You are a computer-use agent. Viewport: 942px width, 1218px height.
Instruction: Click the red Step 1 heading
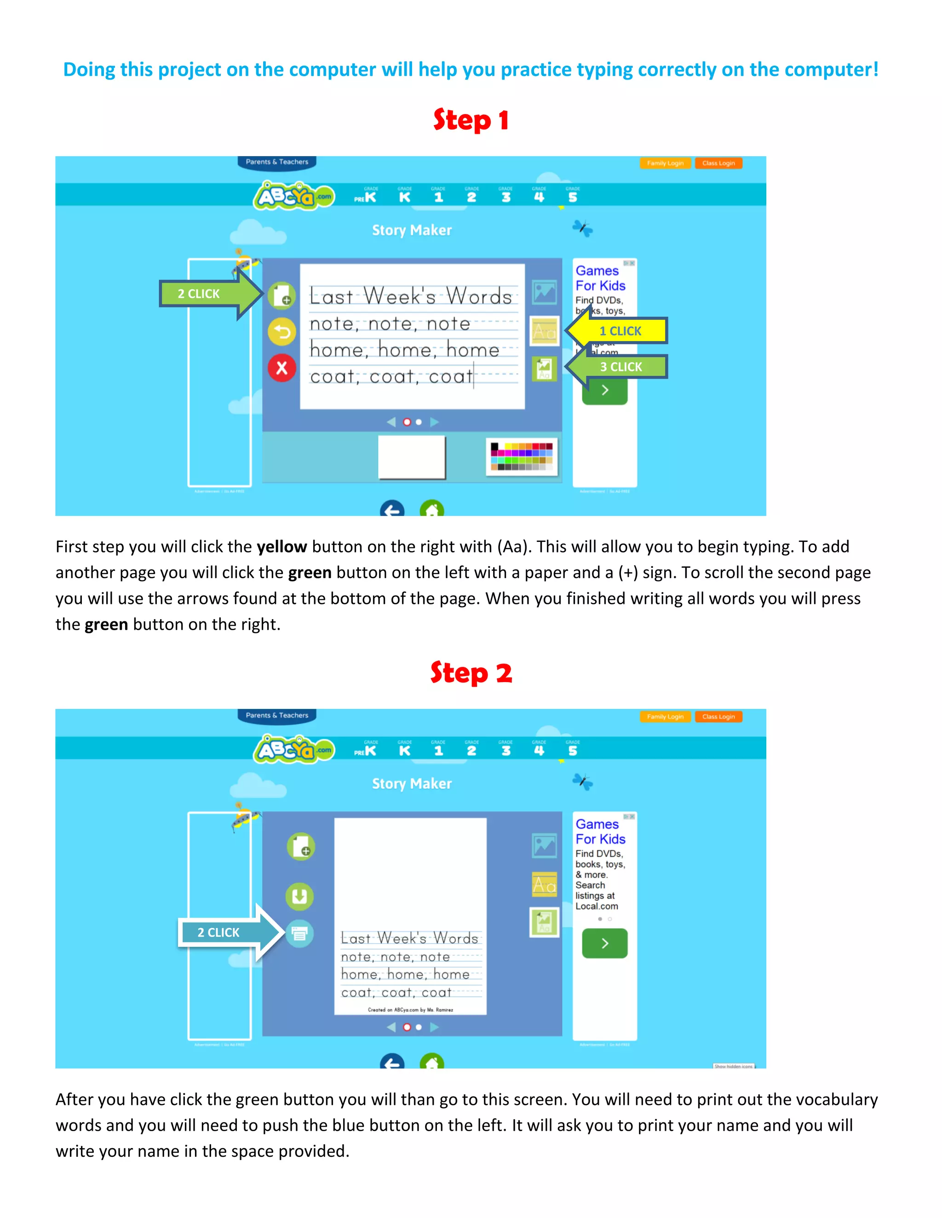[471, 120]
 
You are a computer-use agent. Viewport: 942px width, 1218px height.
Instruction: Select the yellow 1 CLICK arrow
[620, 331]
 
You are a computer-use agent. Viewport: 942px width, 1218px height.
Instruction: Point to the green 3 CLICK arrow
[620, 366]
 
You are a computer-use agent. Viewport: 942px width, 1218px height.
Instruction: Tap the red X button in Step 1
[282, 368]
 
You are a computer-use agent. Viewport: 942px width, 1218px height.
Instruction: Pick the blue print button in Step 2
[300, 933]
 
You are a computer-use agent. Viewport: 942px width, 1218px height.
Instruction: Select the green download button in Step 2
[300, 896]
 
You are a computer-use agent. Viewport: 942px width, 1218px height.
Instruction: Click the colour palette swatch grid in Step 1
[521, 457]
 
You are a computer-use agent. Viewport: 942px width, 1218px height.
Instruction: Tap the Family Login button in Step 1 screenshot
[665, 164]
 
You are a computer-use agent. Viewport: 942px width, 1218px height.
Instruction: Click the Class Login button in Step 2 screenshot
[718, 717]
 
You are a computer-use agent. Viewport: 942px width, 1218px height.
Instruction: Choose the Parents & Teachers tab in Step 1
[277, 162]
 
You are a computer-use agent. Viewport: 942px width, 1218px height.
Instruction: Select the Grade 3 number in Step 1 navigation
[505, 197]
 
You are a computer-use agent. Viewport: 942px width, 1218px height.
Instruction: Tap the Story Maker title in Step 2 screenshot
[412, 784]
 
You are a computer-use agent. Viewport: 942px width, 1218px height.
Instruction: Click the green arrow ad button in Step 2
[604, 943]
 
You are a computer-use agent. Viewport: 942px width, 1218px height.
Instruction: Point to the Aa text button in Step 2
[544, 884]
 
